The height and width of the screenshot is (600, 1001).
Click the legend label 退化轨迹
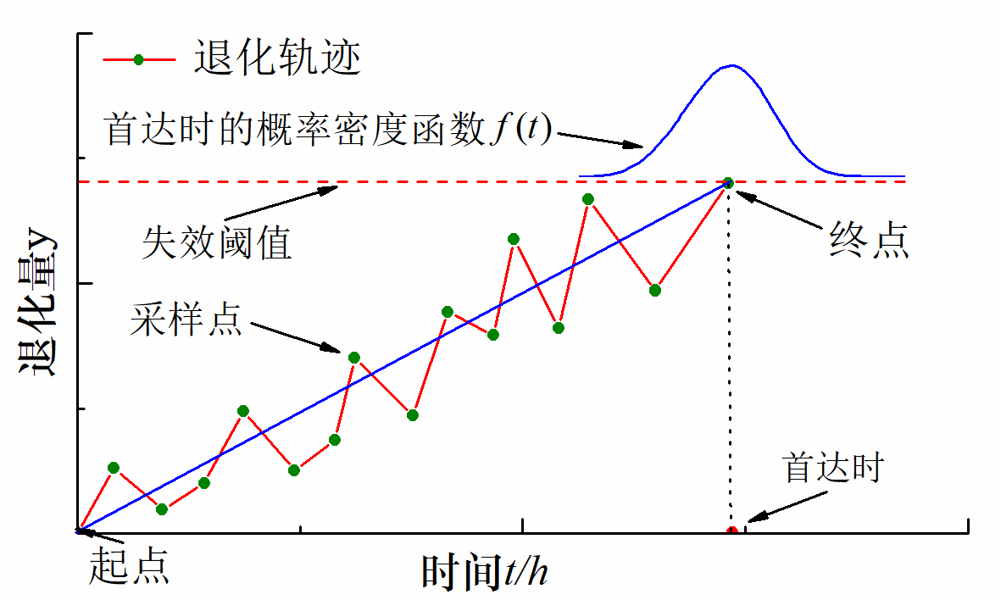click(x=277, y=58)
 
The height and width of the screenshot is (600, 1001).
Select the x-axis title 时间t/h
click(x=485, y=573)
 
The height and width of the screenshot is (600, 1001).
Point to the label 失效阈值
click(x=217, y=243)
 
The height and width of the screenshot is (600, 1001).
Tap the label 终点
click(x=869, y=242)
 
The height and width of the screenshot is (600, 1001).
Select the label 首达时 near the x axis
click(x=833, y=468)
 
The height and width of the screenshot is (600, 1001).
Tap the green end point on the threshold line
click(x=727, y=182)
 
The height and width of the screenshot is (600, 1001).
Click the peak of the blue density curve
click(x=731, y=65)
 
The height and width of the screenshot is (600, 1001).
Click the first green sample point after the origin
click(x=114, y=467)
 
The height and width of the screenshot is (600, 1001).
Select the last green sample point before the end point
click(x=655, y=290)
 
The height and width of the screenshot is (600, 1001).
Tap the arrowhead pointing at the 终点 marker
click(x=739, y=191)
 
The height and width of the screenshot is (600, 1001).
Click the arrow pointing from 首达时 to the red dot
click(x=768, y=509)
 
